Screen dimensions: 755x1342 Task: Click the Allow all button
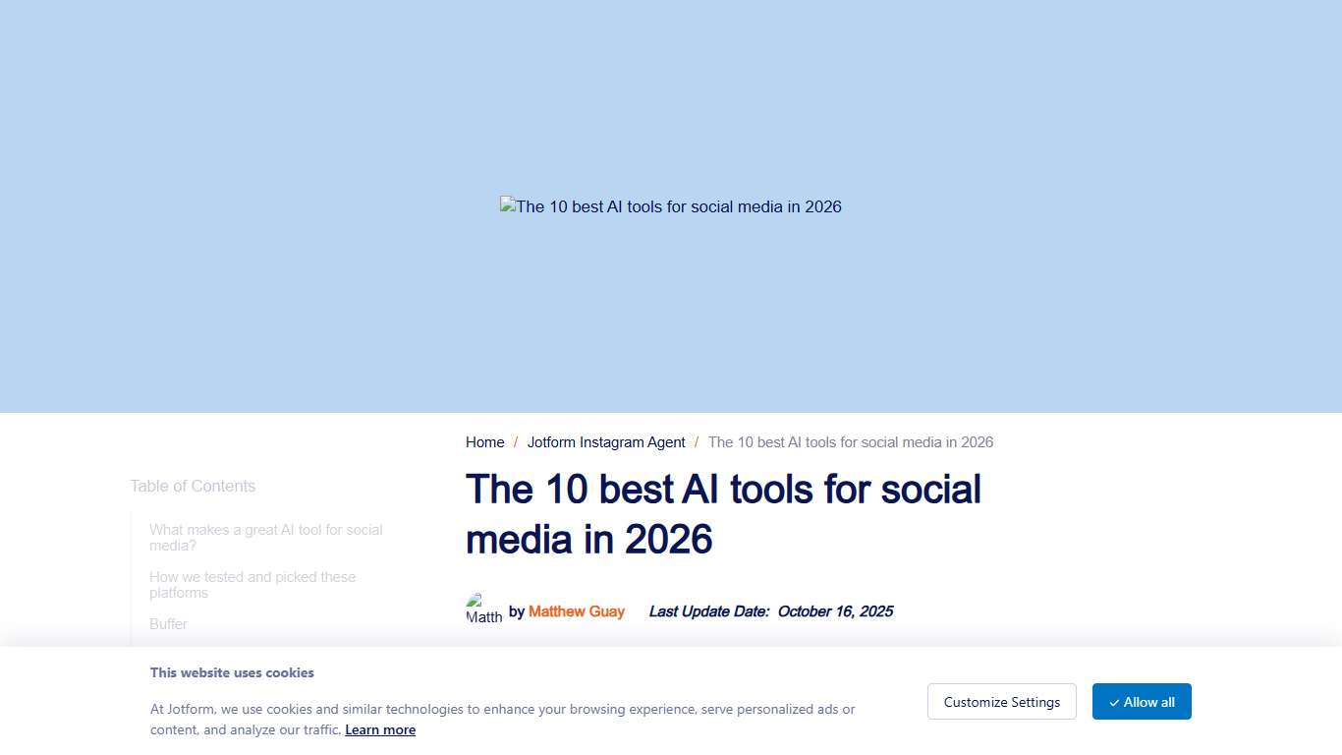(1142, 702)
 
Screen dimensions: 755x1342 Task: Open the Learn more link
(380, 729)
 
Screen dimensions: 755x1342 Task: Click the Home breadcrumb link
(484, 442)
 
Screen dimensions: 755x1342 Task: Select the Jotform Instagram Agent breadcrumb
(606, 442)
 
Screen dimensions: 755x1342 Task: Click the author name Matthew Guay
(577, 611)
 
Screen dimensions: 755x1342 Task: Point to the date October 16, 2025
(835, 611)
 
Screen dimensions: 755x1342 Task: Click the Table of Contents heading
(193, 486)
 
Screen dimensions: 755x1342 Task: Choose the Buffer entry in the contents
(168, 624)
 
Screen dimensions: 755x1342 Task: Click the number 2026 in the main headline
(668, 540)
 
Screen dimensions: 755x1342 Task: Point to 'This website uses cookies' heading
(232, 673)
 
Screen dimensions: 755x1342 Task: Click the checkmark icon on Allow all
(1114, 703)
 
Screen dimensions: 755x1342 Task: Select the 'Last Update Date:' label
(709, 611)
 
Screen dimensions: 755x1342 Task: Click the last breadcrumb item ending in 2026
(850, 442)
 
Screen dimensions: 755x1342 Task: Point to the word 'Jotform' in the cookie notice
(193, 709)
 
